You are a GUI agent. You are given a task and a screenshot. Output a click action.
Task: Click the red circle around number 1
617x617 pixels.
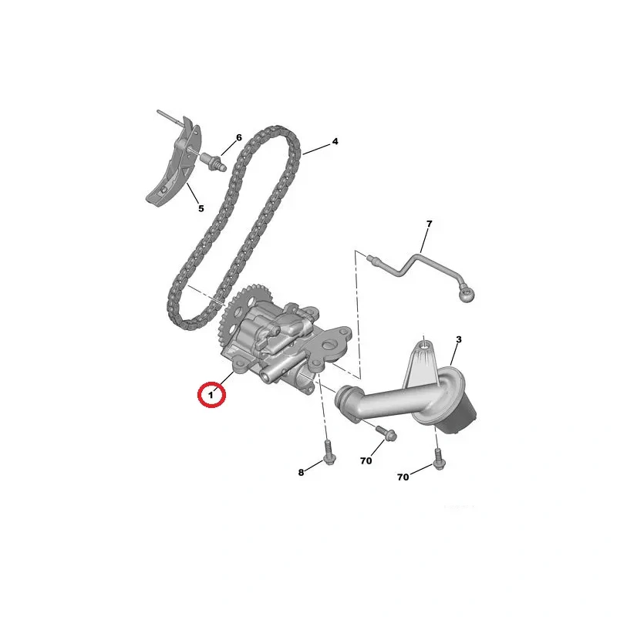(211, 395)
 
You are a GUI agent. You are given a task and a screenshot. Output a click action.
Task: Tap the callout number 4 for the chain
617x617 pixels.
(335, 141)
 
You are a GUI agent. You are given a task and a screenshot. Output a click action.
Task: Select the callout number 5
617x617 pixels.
(201, 208)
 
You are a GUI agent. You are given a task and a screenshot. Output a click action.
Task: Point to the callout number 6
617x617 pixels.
(239, 138)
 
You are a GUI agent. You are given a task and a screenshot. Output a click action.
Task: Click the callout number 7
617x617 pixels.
(430, 224)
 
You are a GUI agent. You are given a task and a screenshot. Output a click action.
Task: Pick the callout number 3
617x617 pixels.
(459, 339)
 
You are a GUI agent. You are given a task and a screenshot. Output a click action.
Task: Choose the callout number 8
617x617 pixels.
(301, 472)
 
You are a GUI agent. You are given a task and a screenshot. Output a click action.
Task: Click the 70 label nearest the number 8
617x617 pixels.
(366, 460)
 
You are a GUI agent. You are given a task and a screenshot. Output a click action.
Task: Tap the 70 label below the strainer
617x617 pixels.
(403, 477)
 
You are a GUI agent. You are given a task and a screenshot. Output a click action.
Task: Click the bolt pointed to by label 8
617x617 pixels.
(329, 452)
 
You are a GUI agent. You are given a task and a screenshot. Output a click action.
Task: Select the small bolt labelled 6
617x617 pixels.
(214, 162)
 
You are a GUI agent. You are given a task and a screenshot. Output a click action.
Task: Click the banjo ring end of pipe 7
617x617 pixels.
(467, 294)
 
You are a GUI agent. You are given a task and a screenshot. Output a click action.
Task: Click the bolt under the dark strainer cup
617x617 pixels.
(439, 459)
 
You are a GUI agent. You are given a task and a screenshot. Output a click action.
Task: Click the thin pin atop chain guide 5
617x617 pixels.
(170, 117)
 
